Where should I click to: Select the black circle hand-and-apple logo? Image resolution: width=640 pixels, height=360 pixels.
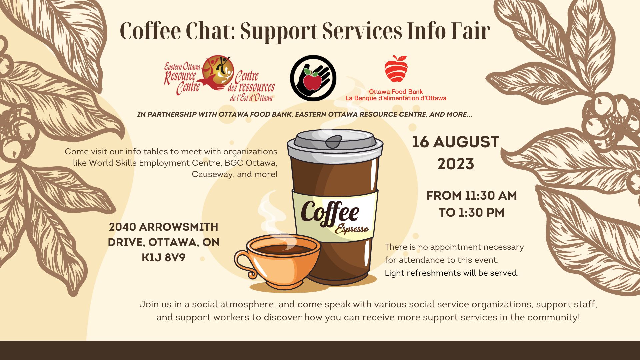pos(313,78)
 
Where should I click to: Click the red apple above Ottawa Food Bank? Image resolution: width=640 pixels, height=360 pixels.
pos(396,69)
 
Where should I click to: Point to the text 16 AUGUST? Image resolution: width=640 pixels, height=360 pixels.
pos(455,142)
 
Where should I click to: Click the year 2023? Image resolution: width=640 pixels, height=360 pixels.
pos(456,164)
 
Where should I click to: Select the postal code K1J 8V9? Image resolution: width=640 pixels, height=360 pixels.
pos(163,258)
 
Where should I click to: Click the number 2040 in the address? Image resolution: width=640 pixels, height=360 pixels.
pos(122,227)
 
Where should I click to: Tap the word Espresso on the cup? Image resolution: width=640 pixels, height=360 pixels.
pos(352,229)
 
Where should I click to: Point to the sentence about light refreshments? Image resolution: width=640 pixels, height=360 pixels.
pos(452,273)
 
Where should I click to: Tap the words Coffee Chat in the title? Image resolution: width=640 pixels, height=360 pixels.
pos(177,31)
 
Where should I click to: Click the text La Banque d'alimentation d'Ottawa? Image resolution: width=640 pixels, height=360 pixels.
pos(396,98)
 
